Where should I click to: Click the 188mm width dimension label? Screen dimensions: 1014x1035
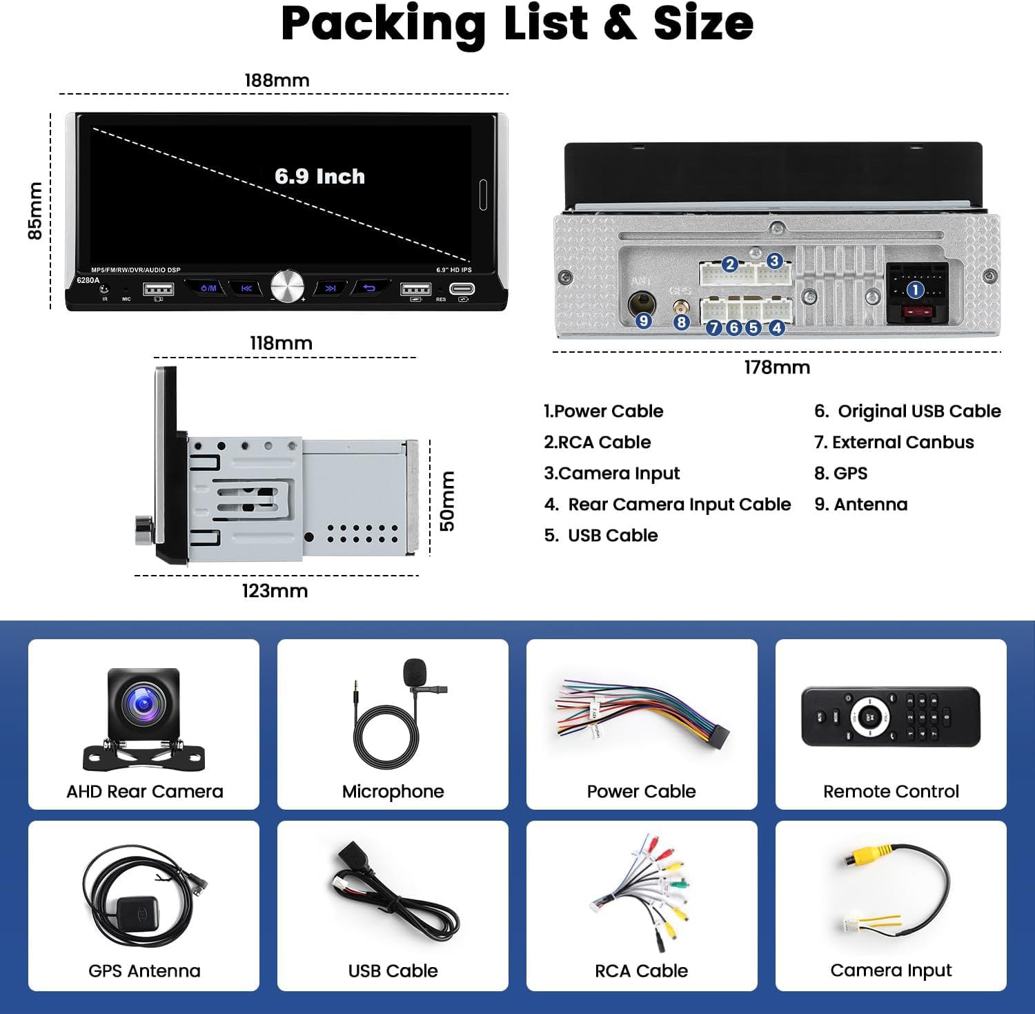tap(277, 80)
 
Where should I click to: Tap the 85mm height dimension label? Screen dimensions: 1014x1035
tap(34, 211)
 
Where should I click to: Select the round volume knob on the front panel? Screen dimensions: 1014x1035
tap(287, 285)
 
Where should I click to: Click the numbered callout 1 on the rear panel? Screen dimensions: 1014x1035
tap(915, 290)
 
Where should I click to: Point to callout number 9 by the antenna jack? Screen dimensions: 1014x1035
tap(643, 320)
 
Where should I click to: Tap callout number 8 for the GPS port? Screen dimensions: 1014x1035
tap(681, 322)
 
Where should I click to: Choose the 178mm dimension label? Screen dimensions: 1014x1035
tap(776, 367)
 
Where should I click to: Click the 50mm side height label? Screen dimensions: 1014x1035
tap(448, 500)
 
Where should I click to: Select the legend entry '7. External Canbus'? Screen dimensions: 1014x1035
tap(894, 442)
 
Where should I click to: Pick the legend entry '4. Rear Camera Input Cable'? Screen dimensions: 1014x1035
tap(667, 505)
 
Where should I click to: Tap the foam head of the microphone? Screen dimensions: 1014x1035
tap(415, 671)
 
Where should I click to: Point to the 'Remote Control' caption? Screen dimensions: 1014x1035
tap(891, 791)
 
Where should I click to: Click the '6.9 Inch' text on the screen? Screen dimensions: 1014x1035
tap(319, 177)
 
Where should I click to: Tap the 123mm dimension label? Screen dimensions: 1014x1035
tap(275, 591)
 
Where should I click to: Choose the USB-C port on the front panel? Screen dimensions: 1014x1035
tap(462, 288)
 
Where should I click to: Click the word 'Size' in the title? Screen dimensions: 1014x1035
tap(703, 23)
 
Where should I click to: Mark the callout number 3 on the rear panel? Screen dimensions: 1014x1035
tap(774, 260)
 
